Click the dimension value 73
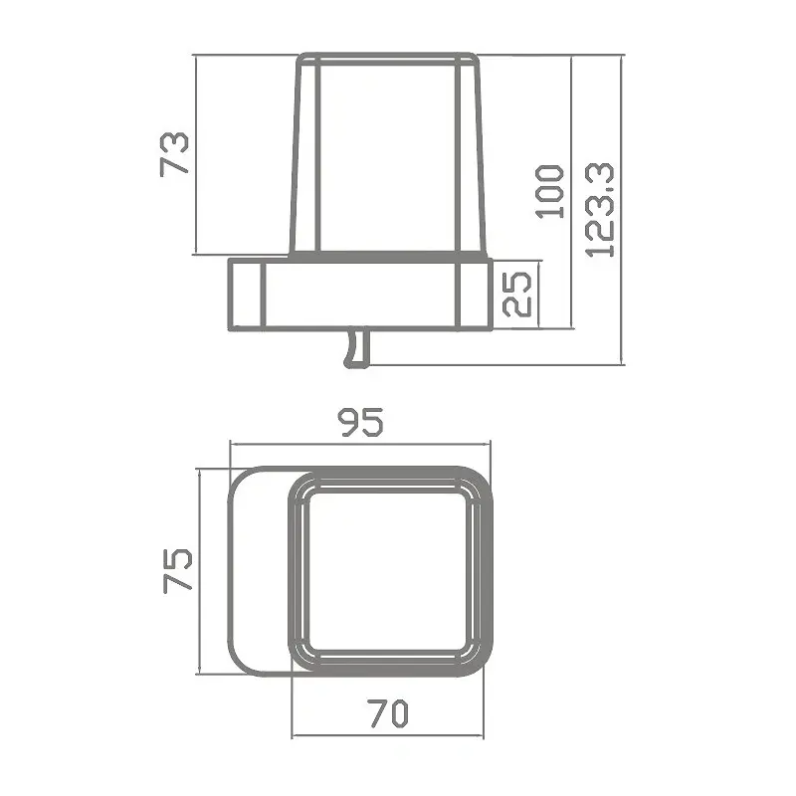click(x=174, y=154)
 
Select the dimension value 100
click(x=549, y=192)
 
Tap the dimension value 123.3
click(x=601, y=209)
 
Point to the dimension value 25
click(x=517, y=293)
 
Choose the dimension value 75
click(x=176, y=570)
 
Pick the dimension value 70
click(x=389, y=712)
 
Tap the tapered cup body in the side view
click(x=388, y=159)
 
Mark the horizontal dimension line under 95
click(x=360, y=444)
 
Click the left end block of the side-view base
click(x=246, y=294)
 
